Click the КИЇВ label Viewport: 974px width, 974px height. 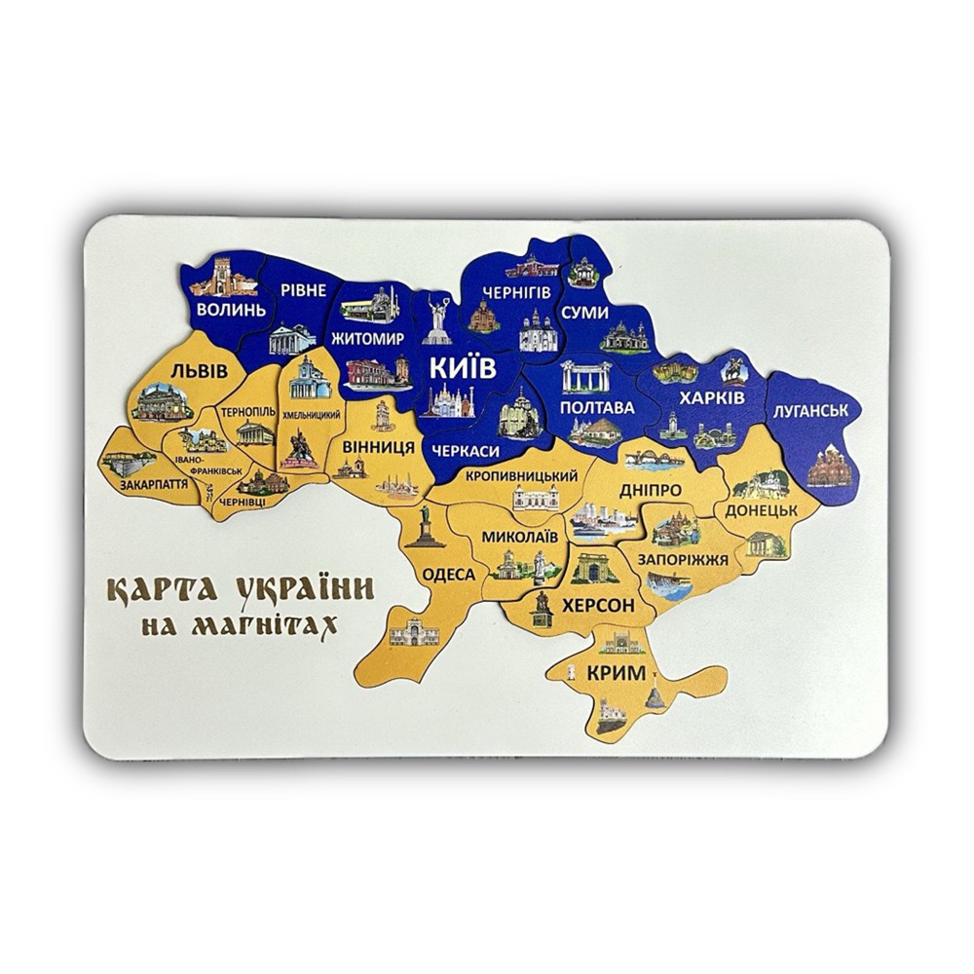point(464,368)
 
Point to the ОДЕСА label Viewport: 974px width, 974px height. point(448,574)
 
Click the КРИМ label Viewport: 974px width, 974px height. point(616,672)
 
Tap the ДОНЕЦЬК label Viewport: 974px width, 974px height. point(761,509)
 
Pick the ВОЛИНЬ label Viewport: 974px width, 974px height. point(230,310)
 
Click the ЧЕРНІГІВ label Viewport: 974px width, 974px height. point(516,292)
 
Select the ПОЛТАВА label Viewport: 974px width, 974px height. point(597,407)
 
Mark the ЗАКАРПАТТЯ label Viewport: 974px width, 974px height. point(154,483)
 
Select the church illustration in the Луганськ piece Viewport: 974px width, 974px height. point(829,466)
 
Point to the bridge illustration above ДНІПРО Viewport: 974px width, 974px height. point(654,458)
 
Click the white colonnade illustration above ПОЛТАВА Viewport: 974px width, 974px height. point(586,376)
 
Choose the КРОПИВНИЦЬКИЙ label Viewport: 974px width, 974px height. point(521,475)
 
